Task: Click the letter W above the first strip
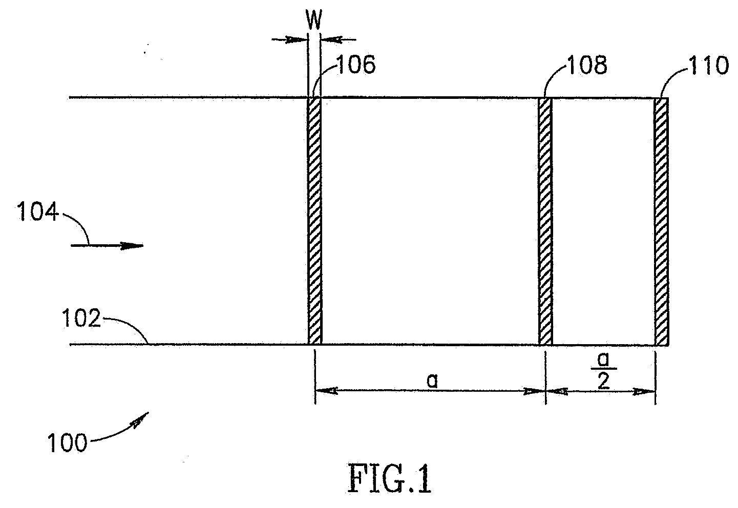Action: [314, 21]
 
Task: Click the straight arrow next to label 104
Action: [108, 246]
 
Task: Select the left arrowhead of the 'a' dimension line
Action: [325, 391]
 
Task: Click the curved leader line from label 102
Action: [128, 328]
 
